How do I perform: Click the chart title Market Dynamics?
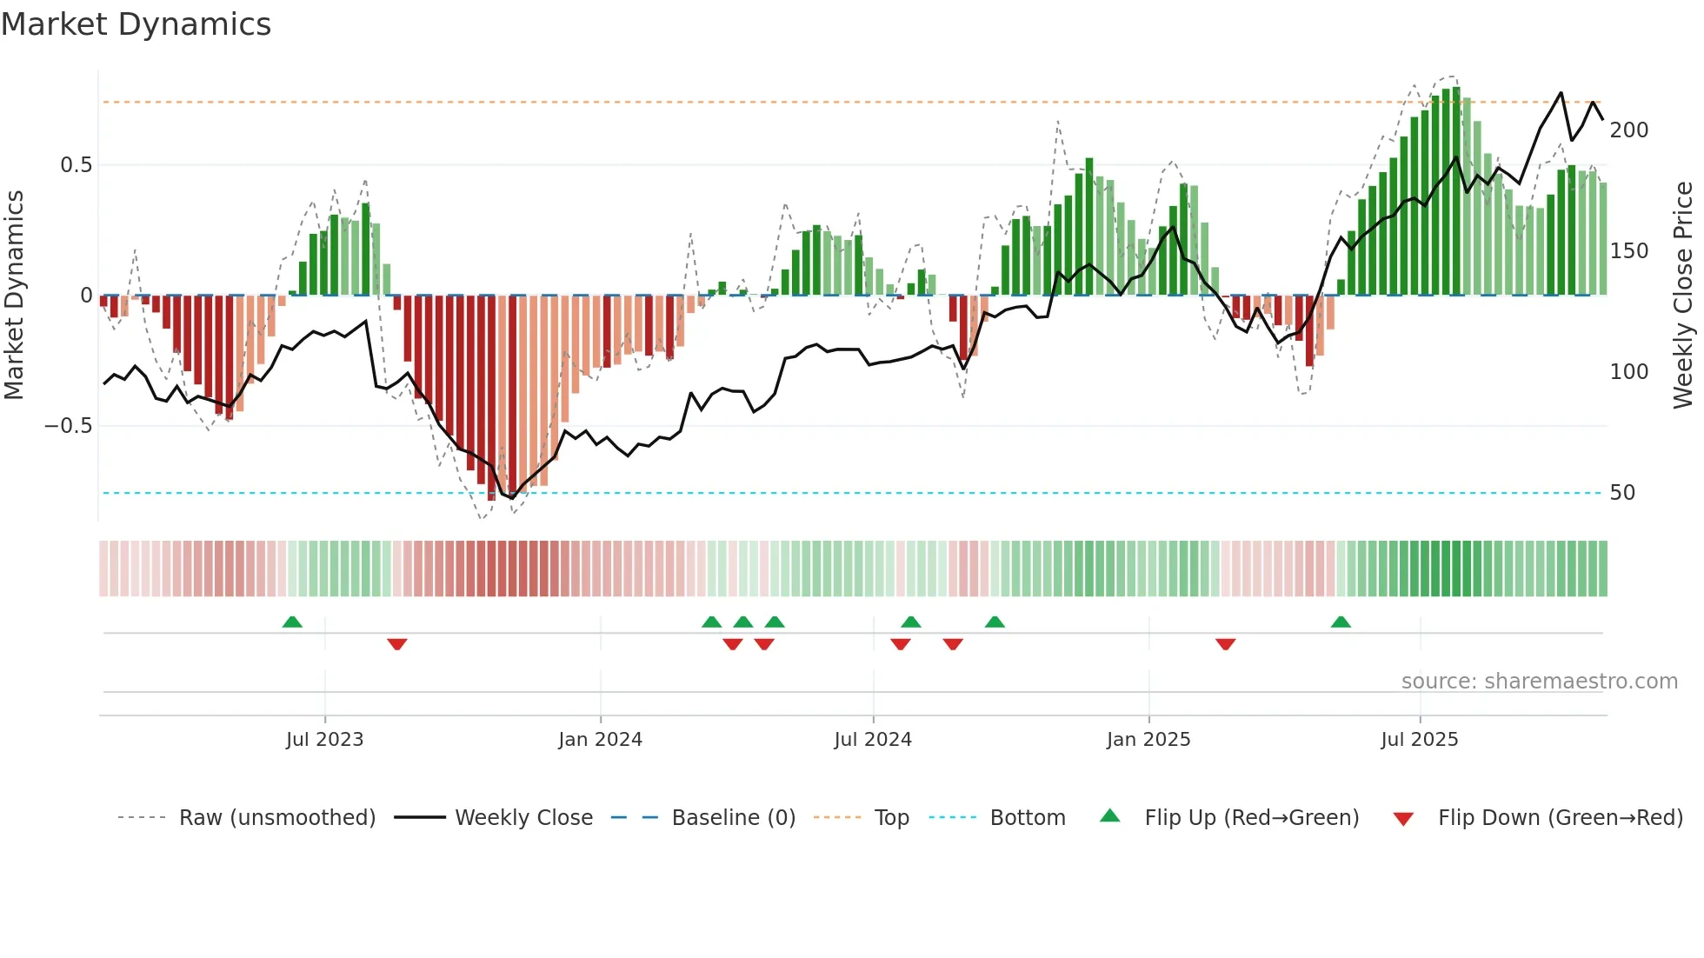[136, 24]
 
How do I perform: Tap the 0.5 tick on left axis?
[76, 165]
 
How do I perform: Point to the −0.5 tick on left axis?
[69, 426]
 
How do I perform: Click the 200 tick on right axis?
[1628, 130]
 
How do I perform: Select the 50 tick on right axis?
[1622, 493]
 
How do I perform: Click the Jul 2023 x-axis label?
[324, 740]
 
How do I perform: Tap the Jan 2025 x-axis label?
[1148, 740]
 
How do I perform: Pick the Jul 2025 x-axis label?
[1419, 740]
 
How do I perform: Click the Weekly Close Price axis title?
[1683, 296]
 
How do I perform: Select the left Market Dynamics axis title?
[14, 296]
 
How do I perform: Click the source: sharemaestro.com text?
[1539, 682]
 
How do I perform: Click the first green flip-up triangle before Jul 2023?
[292, 622]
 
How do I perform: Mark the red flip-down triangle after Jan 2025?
[1225, 644]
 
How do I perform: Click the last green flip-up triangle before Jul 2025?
[1341, 622]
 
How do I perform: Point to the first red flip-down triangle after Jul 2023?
[397, 644]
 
